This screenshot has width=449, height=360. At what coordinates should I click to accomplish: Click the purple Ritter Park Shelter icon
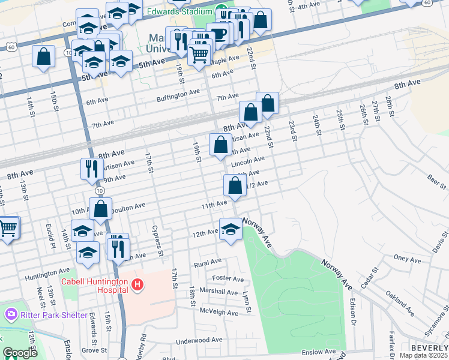[11, 314]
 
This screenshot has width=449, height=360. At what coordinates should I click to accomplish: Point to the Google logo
[20, 353]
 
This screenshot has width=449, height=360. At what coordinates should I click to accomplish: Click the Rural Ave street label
[208, 263]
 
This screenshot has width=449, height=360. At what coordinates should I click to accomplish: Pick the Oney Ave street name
[407, 259]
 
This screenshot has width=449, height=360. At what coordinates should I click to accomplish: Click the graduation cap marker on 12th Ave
[231, 229]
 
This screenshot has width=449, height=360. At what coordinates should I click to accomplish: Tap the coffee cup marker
[218, 34]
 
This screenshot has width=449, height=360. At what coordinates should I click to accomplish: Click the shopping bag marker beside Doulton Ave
[101, 209]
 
